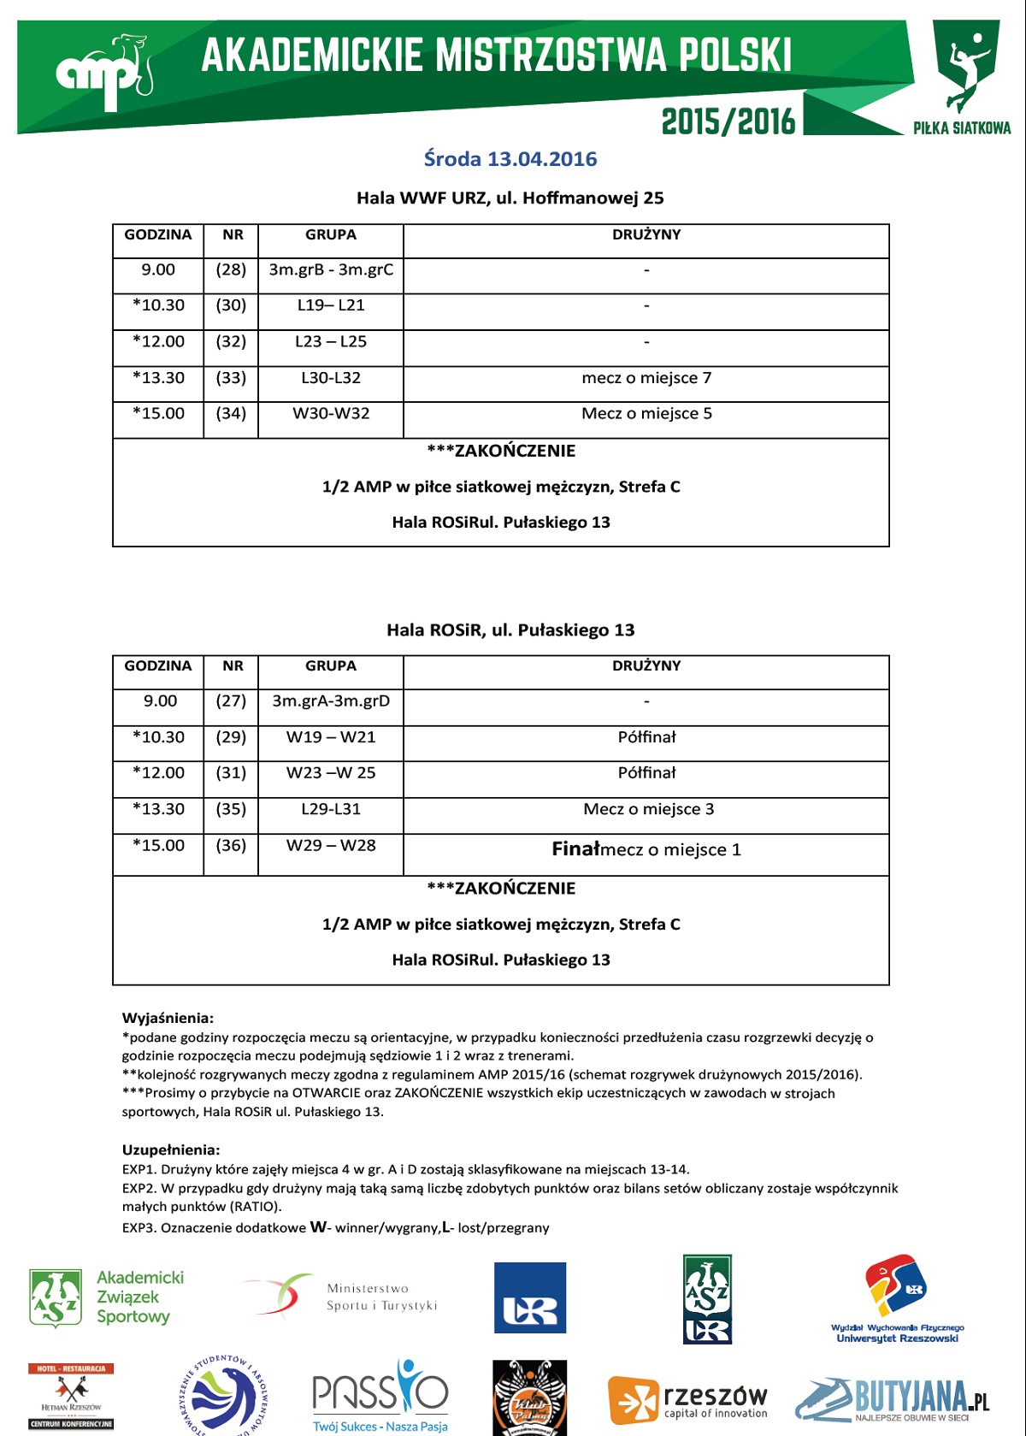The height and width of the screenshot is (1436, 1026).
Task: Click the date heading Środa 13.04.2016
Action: click(510, 159)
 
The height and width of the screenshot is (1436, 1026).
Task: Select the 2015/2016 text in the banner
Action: click(728, 121)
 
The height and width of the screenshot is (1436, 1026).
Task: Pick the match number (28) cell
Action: click(231, 270)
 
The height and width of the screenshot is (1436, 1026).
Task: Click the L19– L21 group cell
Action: click(331, 305)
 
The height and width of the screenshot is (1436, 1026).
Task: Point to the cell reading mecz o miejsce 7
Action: click(646, 378)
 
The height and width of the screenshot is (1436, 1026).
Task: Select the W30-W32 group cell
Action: click(331, 414)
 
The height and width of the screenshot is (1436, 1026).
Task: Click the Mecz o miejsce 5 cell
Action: click(646, 414)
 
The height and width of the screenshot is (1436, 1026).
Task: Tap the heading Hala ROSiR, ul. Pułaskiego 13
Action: click(510, 630)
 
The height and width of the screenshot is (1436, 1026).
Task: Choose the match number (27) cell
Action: click(231, 701)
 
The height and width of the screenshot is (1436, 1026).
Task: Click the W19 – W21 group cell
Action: click(331, 737)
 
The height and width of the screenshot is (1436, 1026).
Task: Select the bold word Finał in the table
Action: click(576, 849)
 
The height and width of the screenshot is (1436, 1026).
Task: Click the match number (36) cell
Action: click(231, 846)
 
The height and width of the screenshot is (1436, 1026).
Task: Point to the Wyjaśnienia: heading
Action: click(168, 1018)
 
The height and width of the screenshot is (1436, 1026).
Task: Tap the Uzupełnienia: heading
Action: click(171, 1149)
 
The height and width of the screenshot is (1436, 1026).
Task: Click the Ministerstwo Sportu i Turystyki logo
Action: click(342, 1297)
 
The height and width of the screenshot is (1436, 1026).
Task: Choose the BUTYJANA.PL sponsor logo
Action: click(893, 1399)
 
